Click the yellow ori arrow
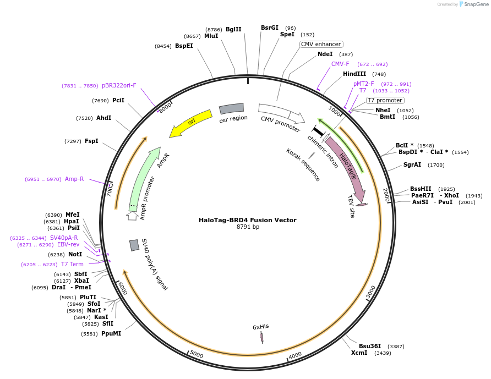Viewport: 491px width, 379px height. click(191, 123)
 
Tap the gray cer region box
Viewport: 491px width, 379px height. click(231, 108)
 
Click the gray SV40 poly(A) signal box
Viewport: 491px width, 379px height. click(134, 245)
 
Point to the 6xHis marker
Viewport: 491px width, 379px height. click(262, 337)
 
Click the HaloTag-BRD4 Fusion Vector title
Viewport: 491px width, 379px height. click(247, 220)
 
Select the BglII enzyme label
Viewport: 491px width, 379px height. click(233, 29)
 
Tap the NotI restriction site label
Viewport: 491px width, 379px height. click(75, 255)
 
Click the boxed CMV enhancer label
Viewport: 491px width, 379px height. click(321, 44)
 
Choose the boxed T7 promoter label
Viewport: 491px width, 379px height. click(385, 100)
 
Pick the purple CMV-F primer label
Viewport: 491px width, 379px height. click(340, 64)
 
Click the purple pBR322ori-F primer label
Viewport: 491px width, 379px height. click(119, 85)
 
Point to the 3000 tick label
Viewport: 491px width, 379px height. click(371, 292)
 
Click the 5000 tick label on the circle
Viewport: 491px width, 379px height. click(197, 354)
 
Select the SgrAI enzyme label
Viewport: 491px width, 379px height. click(412, 164)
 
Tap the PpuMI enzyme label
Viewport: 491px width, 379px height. click(111, 334)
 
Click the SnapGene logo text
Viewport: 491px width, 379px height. click(476, 4)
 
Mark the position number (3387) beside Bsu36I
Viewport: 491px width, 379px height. click(396, 347)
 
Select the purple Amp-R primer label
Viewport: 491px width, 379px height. click(74, 179)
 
